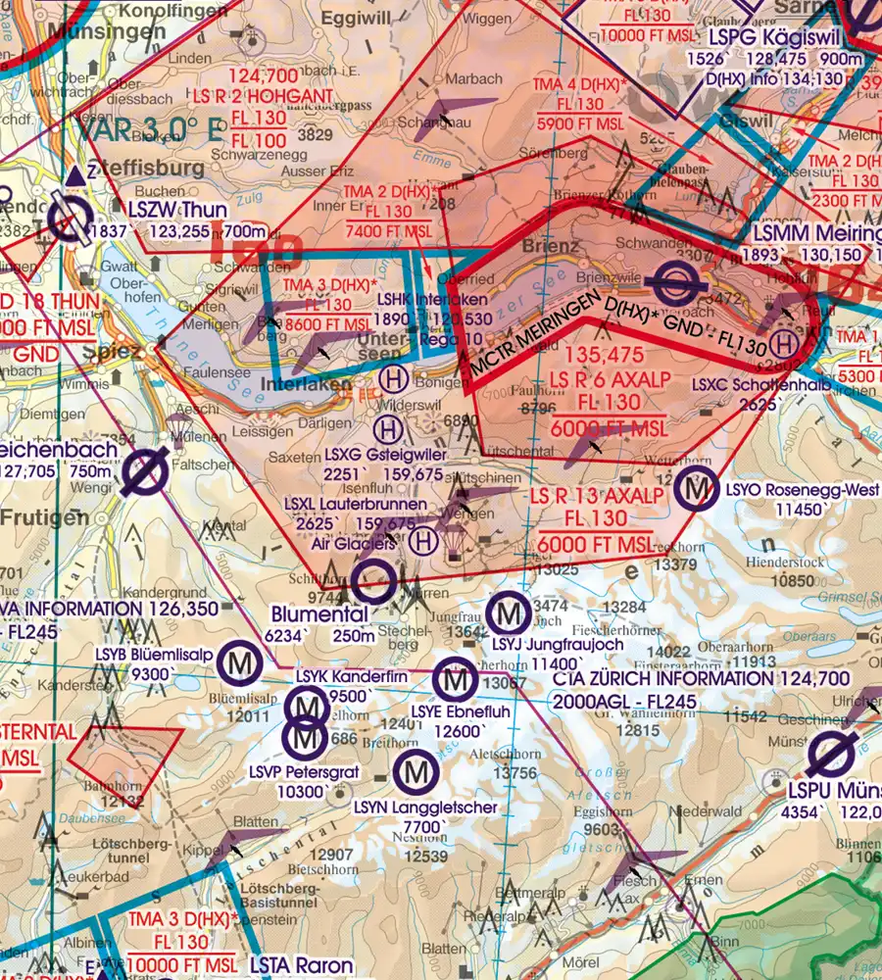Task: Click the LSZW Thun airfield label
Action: pyautogui.click(x=177, y=210)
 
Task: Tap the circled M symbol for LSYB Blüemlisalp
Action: pyautogui.click(x=240, y=664)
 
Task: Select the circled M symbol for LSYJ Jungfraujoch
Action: pyautogui.click(x=509, y=615)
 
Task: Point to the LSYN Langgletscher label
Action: pyautogui.click(x=426, y=808)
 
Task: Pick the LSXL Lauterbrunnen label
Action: pyautogui.click(x=355, y=504)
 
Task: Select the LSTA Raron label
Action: pyautogui.click(x=301, y=965)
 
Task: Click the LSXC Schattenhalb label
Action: pyautogui.click(x=760, y=386)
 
